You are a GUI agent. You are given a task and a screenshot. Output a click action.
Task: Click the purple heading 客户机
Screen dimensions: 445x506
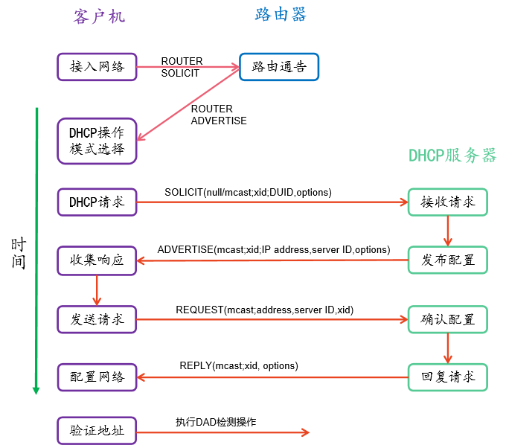tap(99, 16)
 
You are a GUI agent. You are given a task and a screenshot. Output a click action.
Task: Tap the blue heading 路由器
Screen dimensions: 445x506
tap(281, 14)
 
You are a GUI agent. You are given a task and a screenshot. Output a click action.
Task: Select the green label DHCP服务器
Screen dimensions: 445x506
tap(452, 156)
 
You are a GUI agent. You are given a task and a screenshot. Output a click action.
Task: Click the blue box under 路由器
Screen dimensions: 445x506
tap(279, 67)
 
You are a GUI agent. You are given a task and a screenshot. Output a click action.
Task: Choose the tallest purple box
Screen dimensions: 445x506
tap(97, 141)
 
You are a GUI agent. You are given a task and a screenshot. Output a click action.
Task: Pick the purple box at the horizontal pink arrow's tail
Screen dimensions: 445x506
tap(97, 67)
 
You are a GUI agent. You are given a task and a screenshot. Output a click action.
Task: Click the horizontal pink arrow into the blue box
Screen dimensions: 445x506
tap(188, 67)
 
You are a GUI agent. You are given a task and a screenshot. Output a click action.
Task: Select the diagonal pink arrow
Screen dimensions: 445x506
tap(188, 103)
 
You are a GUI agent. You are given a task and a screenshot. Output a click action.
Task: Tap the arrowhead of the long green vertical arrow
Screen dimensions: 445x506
tap(36, 388)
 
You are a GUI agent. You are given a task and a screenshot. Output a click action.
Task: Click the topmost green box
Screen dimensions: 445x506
tap(447, 202)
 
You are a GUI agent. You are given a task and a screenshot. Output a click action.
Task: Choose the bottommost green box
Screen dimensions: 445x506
tap(447, 377)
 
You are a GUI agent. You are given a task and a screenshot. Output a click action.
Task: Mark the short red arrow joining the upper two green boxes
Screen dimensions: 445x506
tap(447, 231)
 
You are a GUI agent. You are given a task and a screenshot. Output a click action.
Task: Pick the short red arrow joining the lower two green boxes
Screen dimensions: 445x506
tap(447, 348)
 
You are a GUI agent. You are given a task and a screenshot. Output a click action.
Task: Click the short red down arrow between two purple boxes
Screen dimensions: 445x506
tap(97, 289)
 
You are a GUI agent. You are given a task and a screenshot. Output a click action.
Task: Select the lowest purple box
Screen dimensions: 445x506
tap(97, 431)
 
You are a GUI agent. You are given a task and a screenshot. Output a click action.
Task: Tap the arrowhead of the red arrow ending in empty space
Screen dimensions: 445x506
tap(305, 432)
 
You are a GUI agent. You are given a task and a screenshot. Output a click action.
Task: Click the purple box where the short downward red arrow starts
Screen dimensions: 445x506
tap(97, 260)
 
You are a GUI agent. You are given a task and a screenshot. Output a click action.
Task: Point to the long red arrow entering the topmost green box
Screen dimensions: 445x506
tap(272, 202)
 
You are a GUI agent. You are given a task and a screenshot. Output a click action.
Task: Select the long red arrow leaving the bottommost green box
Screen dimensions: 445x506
tap(272, 377)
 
